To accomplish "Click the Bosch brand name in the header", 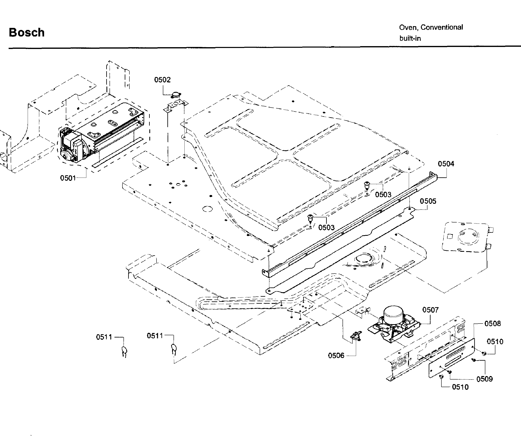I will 27,33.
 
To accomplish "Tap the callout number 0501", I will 68,178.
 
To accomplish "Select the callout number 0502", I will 162,80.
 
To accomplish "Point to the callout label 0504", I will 446,164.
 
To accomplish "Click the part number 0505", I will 428,201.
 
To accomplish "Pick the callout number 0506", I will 336,356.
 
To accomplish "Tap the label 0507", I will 430,310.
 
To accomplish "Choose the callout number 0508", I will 492,324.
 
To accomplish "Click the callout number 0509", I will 484,379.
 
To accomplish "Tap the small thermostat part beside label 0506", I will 356,336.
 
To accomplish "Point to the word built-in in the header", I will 410,39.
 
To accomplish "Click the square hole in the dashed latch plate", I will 450,236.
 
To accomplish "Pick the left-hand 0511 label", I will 104,337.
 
